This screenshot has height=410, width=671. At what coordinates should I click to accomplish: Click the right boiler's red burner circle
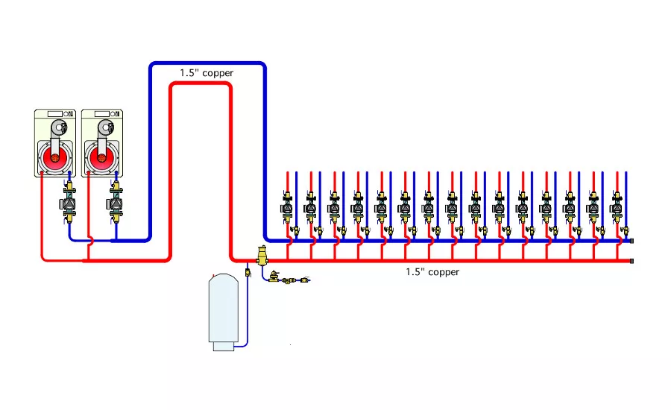coord(101,158)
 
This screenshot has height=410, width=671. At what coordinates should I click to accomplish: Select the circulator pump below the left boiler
coord(69,203)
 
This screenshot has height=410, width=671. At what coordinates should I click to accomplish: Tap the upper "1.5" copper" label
coord(207,73)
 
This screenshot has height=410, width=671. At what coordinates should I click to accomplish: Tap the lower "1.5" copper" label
coord(432,272)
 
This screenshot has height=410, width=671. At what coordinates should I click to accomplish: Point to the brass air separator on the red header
coord(262,256)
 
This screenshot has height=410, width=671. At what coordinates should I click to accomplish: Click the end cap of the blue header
coord(632,241)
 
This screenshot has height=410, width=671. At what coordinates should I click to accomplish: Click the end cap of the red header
coord(632,261)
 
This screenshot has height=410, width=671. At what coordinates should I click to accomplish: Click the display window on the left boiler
coord(55,114)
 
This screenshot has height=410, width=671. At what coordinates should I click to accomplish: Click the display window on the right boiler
coord(101,114)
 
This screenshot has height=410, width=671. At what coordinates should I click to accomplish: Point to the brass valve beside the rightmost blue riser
coord(624,232)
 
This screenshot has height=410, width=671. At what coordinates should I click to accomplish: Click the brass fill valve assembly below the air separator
coord(287,280)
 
